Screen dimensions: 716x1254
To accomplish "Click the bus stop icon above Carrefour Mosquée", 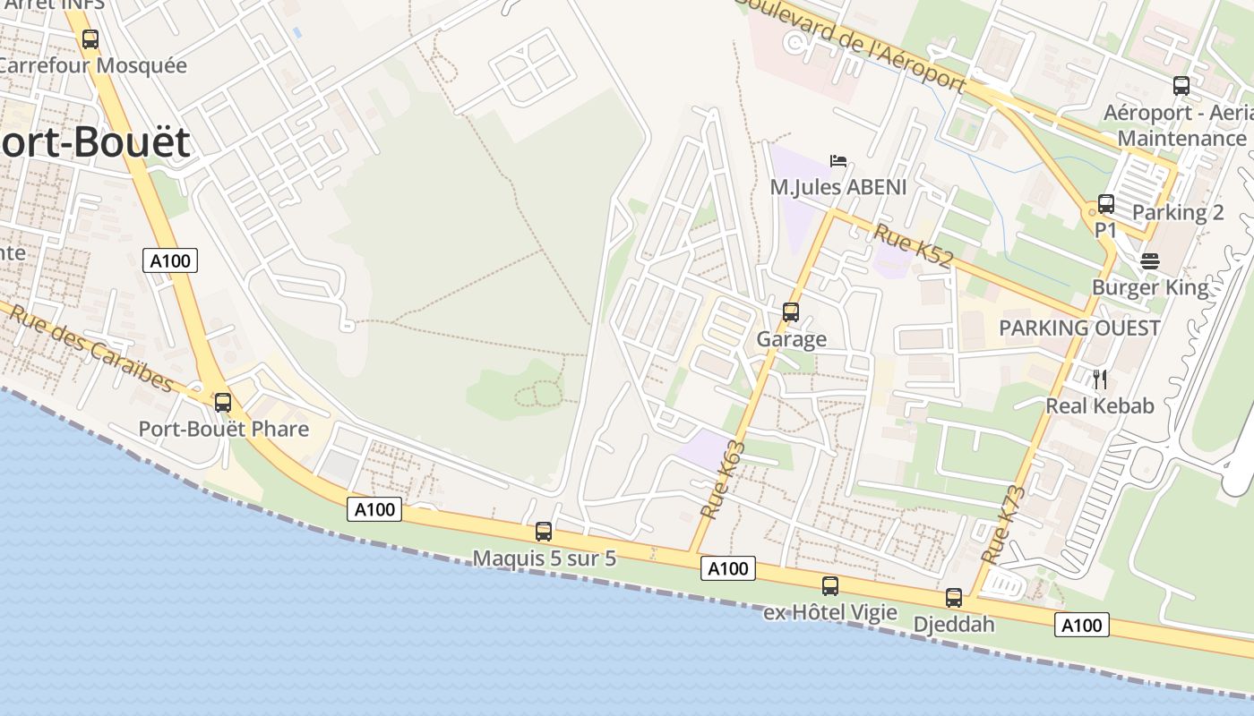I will (x=90, y=39).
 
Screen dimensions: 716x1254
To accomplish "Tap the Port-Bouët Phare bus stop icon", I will (x=222, y=403).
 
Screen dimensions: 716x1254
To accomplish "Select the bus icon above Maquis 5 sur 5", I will (x=543, y=532).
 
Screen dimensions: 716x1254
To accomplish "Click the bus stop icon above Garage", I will (x=790, y=312).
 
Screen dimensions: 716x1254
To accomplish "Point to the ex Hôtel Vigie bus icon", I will (x=829, y=586).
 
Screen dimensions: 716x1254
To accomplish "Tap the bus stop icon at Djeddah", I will (x=953, y=598).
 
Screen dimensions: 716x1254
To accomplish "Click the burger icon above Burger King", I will (x=1150, y=261).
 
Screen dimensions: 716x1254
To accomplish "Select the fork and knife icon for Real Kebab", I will (x=1100, y=379).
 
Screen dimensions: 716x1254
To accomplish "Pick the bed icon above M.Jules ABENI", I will (x=838, y=161).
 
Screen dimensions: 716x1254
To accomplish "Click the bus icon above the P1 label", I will (x=1106, y=204).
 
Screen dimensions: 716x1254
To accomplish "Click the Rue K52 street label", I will (x=913, y=246).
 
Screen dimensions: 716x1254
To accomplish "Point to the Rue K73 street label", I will (x=1001, y=524).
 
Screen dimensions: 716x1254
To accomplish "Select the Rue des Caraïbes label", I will (x=90, y=348).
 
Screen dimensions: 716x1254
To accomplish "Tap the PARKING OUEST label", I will (x=1079, y=328).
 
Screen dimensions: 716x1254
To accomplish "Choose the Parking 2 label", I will (x=1178, y=213).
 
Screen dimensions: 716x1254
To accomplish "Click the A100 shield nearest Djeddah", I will (x=1081, y=625).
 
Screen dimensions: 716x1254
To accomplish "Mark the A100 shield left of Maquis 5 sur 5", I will (x=374, y=509).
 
